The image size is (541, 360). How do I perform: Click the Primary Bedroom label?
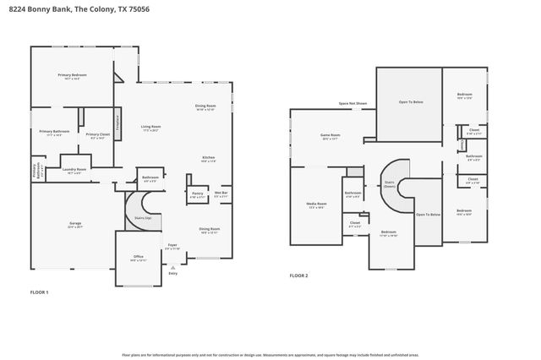[x=72, y=76]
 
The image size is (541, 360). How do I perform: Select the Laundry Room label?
[x=75, y=170]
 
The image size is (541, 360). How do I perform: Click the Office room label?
[x=138, y=257]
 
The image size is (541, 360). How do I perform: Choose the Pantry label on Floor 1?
[x=197, y=194]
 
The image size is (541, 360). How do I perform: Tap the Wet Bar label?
[x=221, y=194]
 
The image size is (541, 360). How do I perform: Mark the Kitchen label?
[x=208, y=157]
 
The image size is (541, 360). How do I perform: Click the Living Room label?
[x=151, y=127]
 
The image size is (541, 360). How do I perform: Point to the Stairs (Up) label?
[x=143, y=218]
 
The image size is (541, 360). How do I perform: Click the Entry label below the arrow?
[x=173, y=273]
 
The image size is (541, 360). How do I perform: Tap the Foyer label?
[x=172, y=245]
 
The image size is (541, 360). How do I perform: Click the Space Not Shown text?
[x=352, y=103]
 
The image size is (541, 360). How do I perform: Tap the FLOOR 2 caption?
[x=299, y=275]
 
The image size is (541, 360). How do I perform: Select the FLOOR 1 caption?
[x=40, y=292]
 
